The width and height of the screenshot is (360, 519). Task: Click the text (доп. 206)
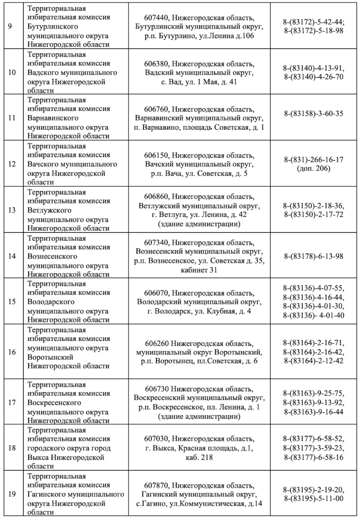point(314,168)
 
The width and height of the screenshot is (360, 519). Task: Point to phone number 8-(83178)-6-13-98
point(314,256)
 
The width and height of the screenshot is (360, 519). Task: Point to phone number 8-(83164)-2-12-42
point(314,361)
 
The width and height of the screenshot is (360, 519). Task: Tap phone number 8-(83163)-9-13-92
point(314,403)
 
